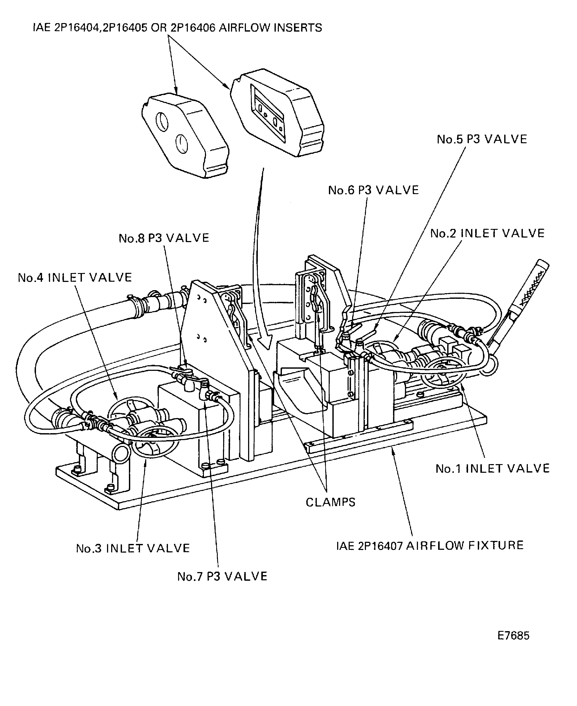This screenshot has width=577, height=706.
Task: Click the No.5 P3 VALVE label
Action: [482, 139]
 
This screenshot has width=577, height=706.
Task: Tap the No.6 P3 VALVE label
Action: [373, 191]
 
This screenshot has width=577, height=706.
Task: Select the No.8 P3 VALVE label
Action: [164, 238]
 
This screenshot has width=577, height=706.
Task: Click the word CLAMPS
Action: [330, 502]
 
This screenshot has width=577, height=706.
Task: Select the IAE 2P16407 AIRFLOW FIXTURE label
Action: [430, 546]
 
